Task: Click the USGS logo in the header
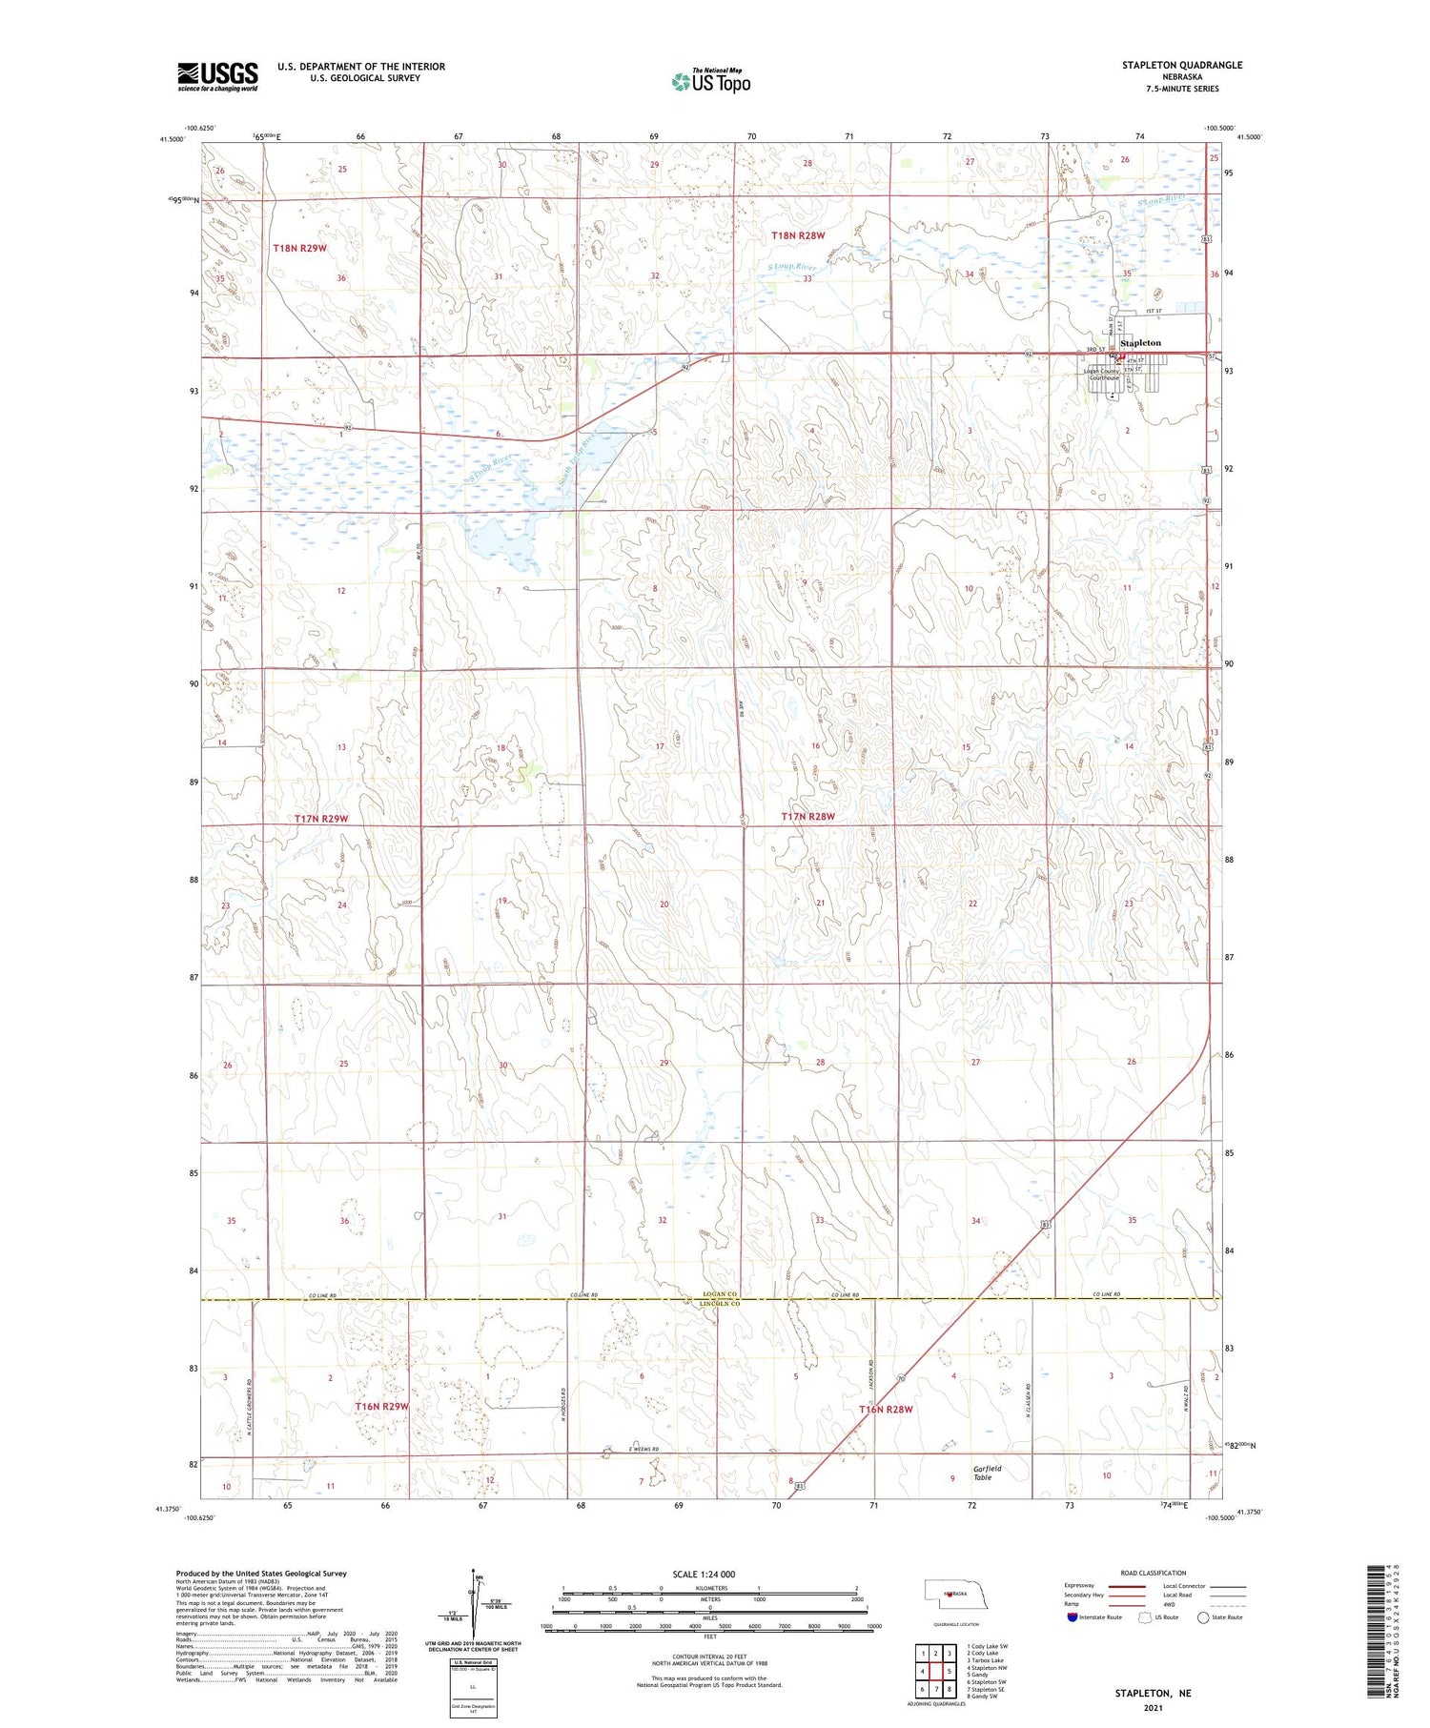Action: coord(217,76)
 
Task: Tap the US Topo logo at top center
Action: coord(711,81)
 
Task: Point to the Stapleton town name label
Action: coord(1140,342)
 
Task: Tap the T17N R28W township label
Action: coord(807,817)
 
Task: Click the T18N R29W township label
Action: coord(299,248)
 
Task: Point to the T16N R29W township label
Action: coord(381,1407)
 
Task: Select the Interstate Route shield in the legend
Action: coord(1072,1617)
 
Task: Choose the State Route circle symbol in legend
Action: coord(1203,1617)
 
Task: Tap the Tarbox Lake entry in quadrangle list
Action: coord(986,1660)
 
